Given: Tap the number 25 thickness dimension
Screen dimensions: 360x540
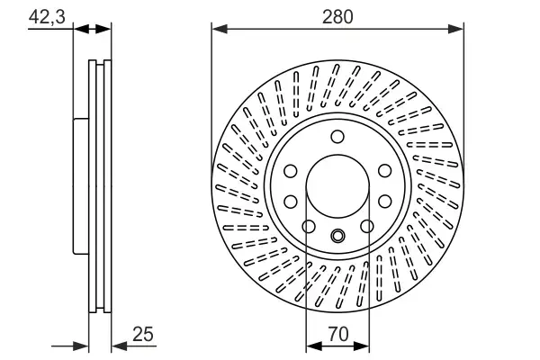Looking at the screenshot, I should pos(142,333).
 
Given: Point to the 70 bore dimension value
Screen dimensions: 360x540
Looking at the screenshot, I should pos(337,334).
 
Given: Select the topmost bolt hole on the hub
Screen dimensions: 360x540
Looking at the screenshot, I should pos(337,137).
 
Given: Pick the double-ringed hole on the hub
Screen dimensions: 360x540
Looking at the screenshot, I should pos(337,238).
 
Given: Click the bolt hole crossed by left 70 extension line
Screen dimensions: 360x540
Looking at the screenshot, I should pos(308,226).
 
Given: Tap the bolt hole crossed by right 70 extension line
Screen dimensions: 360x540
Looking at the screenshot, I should pos(367,226).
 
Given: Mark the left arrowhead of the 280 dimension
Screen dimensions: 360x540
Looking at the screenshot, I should pos(218,29).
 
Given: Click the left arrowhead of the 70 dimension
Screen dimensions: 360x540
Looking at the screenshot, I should pos(312,345).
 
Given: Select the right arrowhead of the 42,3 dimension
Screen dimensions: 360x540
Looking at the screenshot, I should pos(105,29).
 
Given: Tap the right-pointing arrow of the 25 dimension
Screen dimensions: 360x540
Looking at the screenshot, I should pos(83,345).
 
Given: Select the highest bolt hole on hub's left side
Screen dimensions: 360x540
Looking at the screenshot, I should pos(291,171).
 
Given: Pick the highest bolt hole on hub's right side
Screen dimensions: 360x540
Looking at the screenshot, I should pos(384,171).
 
